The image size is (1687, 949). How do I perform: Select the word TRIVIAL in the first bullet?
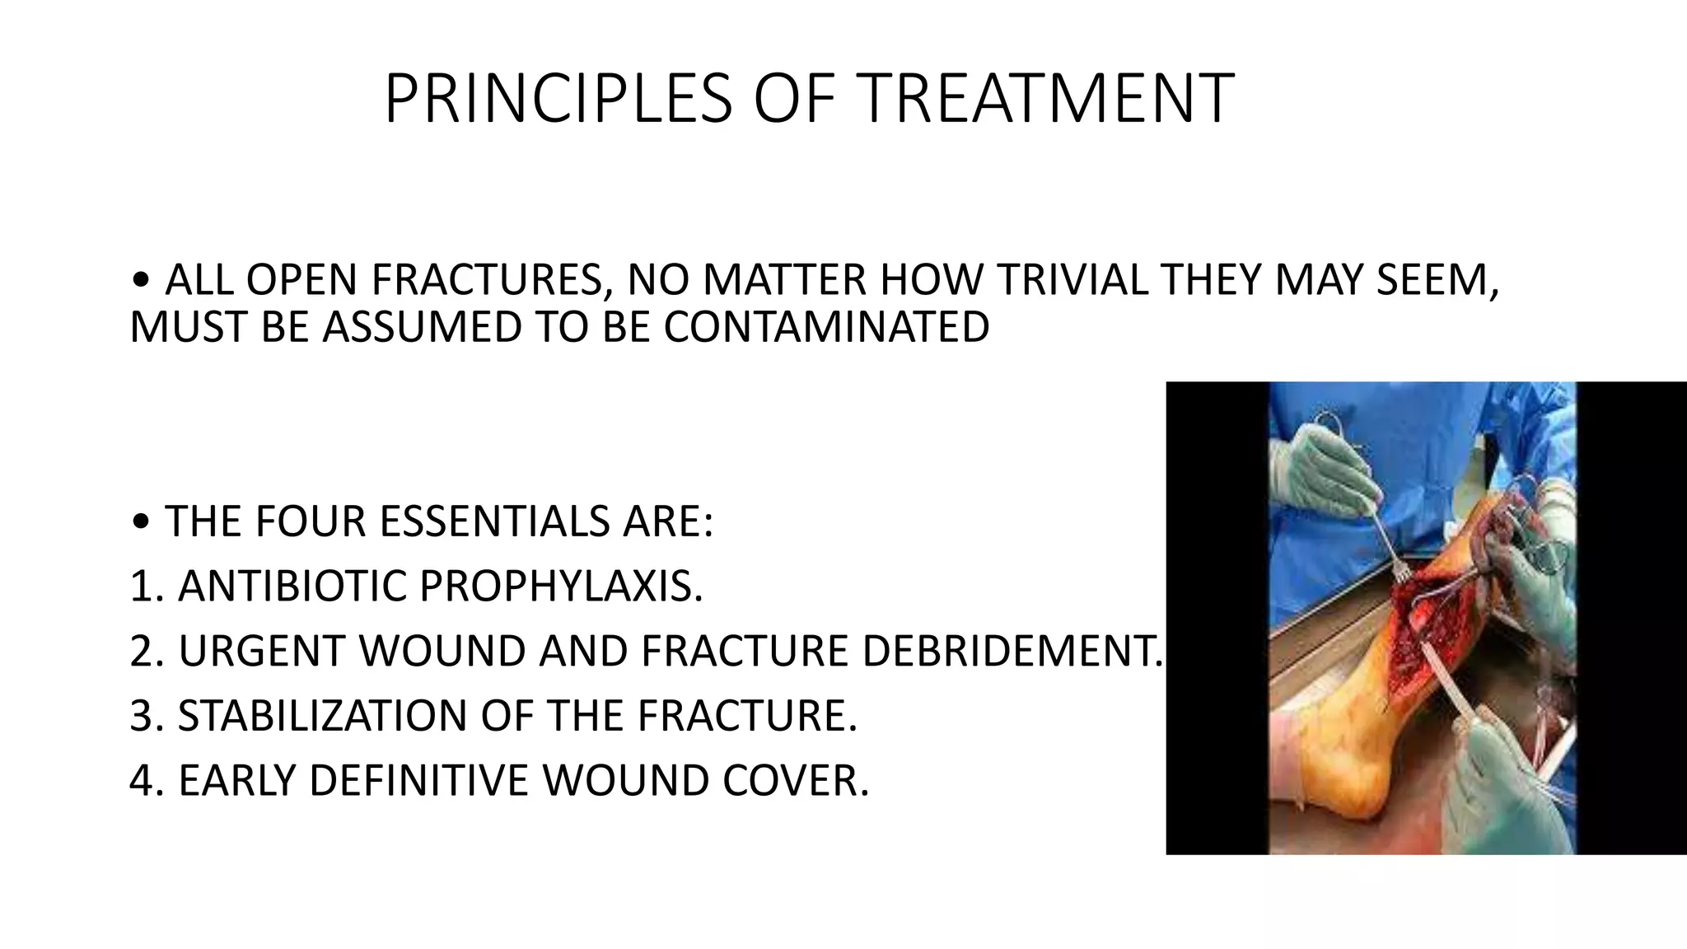1072,280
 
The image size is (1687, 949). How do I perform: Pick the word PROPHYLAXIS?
561,586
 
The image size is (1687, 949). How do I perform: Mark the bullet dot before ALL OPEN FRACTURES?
141,282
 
